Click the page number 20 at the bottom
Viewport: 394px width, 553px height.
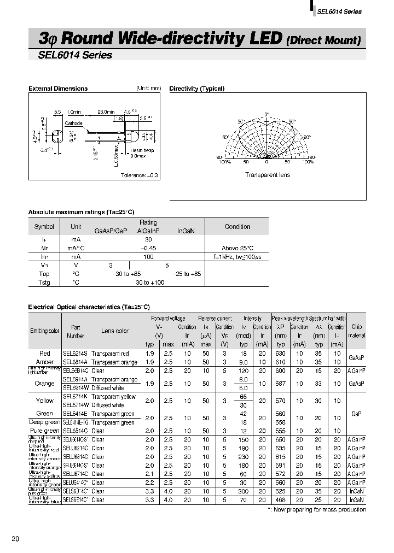[x=15, y=539]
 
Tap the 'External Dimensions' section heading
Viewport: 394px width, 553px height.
[x=57, y=89]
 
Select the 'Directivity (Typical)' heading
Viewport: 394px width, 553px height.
[x=197, y=89]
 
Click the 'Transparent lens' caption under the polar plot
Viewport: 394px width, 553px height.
[x=267, y=175]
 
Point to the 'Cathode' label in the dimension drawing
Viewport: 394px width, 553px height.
[x=73, y=123]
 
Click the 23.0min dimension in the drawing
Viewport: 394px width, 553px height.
[x=106, y=112]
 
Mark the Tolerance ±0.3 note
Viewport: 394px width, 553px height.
[x=139, y=175]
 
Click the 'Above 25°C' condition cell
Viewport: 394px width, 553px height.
[x=237, y=248]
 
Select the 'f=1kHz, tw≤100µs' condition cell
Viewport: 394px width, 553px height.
[x=237, y=256]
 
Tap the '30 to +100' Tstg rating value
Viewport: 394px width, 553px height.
[x=150, y=283]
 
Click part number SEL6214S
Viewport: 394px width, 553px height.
[x=75, y=354]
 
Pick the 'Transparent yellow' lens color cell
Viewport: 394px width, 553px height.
[x=113, y=396]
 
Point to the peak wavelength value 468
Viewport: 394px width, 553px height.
[x=281, y=499]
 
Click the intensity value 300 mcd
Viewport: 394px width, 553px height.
[x=244, y=491]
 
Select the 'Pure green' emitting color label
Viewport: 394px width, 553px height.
[x=44, y=431]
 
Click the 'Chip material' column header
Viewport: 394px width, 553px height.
[x=357, y=331]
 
